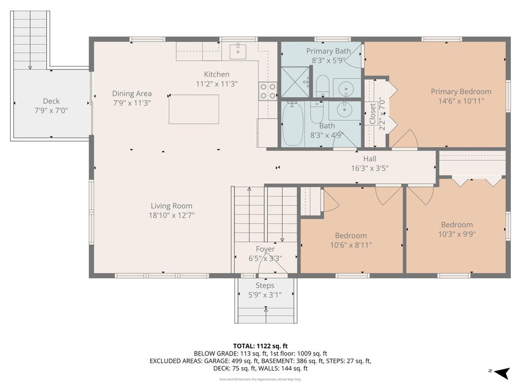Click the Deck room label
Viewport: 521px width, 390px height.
pos(51,101)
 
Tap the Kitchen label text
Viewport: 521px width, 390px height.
pos(217,74)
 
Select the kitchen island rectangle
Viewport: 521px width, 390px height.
pos(194,109)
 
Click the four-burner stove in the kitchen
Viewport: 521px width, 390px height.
pos(268,91)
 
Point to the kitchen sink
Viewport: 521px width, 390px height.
pos(238,51)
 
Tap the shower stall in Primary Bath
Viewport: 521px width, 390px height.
pos(296,82)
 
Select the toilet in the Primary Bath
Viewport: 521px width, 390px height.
pos(322,86)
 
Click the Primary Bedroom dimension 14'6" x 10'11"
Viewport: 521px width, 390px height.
pos(461,101)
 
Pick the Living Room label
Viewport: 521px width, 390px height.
pos(171,206)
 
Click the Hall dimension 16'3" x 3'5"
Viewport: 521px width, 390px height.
pos(370,168)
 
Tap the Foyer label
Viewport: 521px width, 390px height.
pos(265,249)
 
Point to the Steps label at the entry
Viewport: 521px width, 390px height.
pos(265,285)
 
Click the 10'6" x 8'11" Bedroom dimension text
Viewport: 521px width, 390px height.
pos(351,245)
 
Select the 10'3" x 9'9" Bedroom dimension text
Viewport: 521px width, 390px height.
pos(457,234)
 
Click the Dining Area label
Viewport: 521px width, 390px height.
pos(132,93)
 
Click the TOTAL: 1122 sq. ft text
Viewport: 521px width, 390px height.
pos(260,346)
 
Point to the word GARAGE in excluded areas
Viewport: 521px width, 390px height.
pos(216,361)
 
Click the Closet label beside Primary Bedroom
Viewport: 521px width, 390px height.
pos(372,113)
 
